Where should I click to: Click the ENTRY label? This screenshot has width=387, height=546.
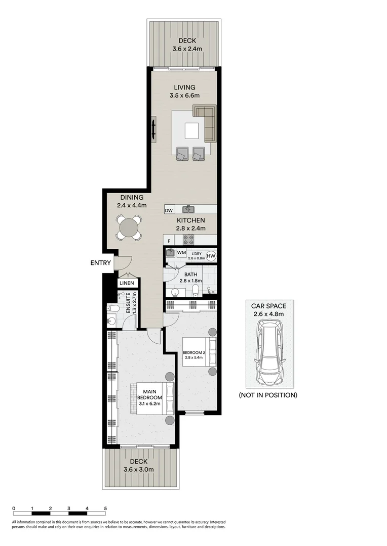click(x=100, y=262)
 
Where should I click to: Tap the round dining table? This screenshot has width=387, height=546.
click(x=129, y=227)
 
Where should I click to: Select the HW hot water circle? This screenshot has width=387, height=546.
click(x=211, y=256)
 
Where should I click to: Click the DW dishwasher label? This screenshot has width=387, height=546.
click(x=169, y=210)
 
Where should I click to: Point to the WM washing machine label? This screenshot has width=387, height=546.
click(x=181, y=252)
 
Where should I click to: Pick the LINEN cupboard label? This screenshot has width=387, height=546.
click(x=126, y=284)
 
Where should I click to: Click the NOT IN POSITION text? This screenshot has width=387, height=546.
click(x=268, y=395)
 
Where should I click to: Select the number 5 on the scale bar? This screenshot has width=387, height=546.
click(x=105, y=509)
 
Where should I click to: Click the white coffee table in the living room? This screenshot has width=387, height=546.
click(x=191, y=131)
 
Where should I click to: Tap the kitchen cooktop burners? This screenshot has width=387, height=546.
click(x=188, y=240)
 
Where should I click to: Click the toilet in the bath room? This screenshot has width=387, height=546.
click(x=196, y=289)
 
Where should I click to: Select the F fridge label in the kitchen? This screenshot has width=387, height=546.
click(x=169, y=241)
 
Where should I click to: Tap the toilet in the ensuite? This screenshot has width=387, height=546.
click(x=113, y=307)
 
